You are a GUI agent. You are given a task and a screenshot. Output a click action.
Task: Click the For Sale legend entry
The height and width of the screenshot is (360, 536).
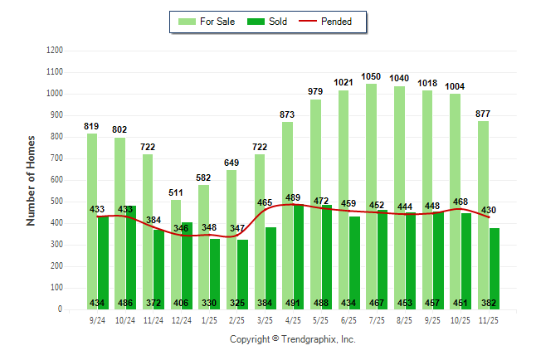click(x=209, y=22)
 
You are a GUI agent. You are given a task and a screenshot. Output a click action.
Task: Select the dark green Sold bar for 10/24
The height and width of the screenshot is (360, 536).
click(x=131, y=257)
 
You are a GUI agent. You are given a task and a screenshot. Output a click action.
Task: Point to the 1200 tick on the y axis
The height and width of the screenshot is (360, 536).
click(x=55, y=51)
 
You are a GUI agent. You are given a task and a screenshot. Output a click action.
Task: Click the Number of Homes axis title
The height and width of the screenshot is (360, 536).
click(x=31, y=180)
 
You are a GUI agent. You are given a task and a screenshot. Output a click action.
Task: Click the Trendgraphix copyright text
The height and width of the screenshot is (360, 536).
click(x=292, y=340)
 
